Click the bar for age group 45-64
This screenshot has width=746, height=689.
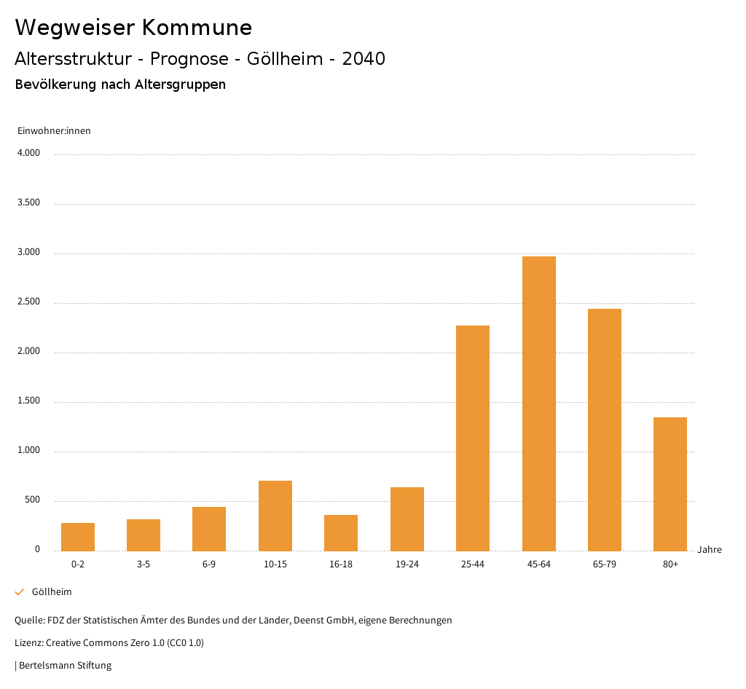(x=539, y=403)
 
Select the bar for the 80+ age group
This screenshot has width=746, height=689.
(x=670, y=484)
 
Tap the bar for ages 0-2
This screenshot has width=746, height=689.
(x=78, y=537)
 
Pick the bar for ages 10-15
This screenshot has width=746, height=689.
(x=275, y=516)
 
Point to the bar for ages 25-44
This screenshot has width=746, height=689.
(x=473, y=438)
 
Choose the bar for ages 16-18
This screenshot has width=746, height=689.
(x=341, y=532)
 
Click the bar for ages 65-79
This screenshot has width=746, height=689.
(x=605, y=430)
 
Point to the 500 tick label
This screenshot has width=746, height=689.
(x=32, y=500)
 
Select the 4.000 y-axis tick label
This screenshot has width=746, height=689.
(x=28, y=154)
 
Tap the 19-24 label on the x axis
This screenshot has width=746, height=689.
(x=407, y=564)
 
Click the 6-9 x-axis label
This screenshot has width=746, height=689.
(x=209, y=564)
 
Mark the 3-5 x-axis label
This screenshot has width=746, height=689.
(x=144, y=564)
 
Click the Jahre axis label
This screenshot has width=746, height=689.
(x=710, y=550)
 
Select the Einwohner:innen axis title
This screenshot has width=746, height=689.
(x=55, y=131)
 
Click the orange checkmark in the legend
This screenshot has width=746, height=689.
(x=20, y=592)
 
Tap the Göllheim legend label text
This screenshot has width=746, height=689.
(x=52, y=592)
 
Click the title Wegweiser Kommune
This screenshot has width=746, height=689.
(x=133, y=28)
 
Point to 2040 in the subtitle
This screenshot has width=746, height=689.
(x=364, y=59)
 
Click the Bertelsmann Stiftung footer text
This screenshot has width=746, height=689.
(x=65, y=666)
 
